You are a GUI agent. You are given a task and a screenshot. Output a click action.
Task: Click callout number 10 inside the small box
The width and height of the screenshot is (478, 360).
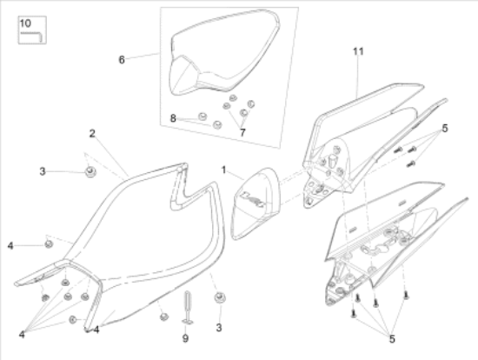[x=24, y=22]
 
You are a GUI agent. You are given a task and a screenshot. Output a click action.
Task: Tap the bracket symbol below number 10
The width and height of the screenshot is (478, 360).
[x=32, y=36]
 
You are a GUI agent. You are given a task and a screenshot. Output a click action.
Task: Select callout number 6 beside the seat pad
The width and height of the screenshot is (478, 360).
[x=122, y=60]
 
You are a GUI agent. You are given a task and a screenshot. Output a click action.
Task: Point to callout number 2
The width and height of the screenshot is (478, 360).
[x=90, y=133]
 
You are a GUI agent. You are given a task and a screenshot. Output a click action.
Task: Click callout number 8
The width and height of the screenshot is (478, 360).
[x=173, y=117]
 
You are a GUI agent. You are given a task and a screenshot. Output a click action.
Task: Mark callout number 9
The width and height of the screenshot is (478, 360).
[x=185, y=338]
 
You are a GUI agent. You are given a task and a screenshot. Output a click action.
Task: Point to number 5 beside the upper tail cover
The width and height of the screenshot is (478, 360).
[x=445, y=128]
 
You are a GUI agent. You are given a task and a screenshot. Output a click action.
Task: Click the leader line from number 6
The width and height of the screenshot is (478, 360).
[x=143, y=57]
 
